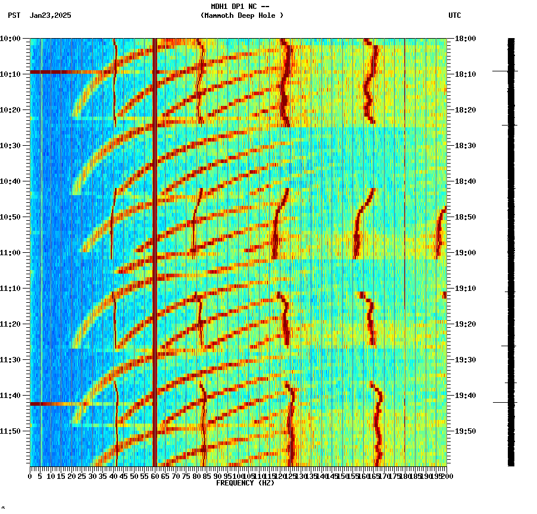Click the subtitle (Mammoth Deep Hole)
242,15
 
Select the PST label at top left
14,15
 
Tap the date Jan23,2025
50,15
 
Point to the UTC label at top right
454,15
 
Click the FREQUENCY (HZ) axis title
245,483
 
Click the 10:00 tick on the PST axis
11,39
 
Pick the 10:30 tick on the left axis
11,146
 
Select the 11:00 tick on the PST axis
11,253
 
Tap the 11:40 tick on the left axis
11,396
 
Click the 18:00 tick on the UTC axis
464,39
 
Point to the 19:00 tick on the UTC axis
464,253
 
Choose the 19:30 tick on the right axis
464,360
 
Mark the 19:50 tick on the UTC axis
464,431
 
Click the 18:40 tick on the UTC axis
464,181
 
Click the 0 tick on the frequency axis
30,476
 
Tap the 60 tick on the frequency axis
155,476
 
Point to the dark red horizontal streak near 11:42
54,404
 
